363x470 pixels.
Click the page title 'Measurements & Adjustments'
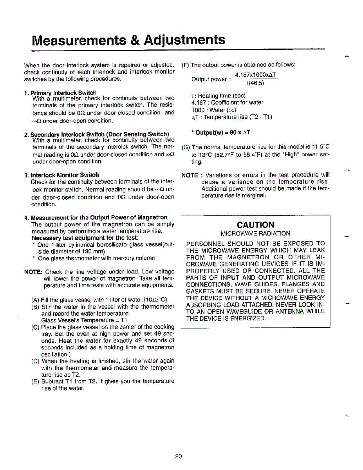(129, 40)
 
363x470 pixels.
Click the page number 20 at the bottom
(179, 456)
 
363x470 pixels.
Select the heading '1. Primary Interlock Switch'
(60, 93)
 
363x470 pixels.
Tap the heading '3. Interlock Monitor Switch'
(61, 175)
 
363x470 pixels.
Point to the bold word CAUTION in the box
(255, 225)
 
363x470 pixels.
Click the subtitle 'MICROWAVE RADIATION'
(255, 233)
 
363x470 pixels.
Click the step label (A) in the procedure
(35, 300)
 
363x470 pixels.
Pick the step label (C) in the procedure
(35, 327)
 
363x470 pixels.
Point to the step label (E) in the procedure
(35, 381)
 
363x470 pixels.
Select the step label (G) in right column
(186, 147)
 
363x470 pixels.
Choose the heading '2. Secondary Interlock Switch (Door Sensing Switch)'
(97, 134)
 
